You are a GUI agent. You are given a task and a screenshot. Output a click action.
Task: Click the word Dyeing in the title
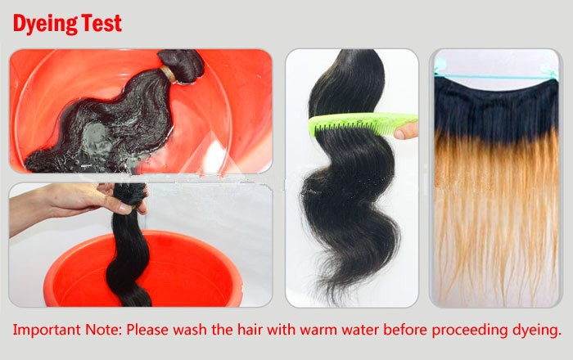45,24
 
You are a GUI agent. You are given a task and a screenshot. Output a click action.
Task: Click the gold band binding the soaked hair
168,74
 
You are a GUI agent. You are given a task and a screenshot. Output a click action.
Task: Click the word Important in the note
47,330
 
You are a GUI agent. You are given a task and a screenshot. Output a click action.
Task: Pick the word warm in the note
316,330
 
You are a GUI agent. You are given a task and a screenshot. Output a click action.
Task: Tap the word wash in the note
190,330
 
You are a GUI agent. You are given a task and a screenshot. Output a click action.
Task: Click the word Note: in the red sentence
103,330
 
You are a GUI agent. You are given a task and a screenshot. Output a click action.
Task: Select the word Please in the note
147,330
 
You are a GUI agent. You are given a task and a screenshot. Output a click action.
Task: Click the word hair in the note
250,330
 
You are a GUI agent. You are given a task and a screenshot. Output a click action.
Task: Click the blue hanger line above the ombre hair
496,77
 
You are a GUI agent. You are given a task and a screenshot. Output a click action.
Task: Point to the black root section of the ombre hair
496,110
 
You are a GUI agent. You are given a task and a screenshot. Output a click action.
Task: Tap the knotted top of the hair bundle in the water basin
184,65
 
